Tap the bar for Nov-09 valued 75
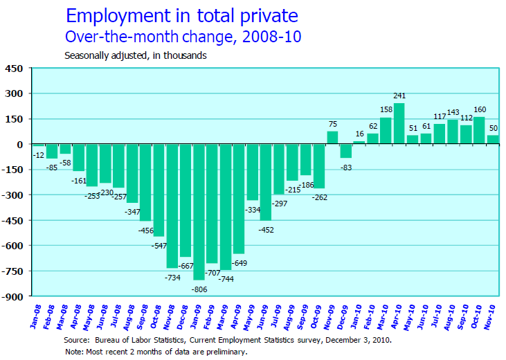333,138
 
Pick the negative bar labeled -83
346,151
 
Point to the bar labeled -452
266,182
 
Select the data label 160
478,109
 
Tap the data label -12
38,154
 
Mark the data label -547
159,244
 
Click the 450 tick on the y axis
15,69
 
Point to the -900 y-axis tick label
12,297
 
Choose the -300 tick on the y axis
12,195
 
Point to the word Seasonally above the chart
89,55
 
